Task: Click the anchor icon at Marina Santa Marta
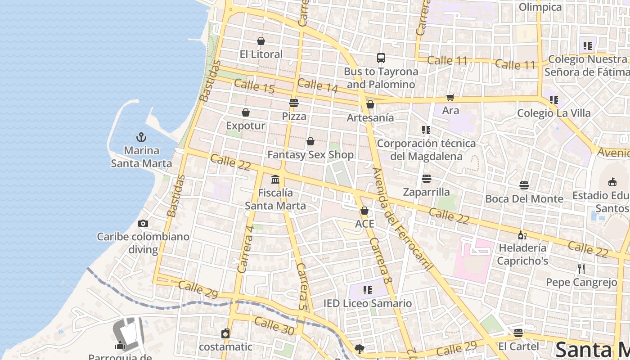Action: coord(142,137)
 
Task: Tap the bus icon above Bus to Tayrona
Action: coord(381,58)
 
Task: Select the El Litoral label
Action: coord(261,54)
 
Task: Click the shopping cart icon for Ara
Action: coord(450,97)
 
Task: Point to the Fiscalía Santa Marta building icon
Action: coord(275,180)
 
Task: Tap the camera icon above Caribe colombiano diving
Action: coord(143,223)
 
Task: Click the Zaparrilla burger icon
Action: coord(427,179)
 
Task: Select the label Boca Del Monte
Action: coord(524,199)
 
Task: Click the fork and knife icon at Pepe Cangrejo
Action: coord(581,269)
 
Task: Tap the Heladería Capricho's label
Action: coord(522,254)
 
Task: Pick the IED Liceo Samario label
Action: coord(368,303)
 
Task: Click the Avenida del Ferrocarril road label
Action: coord(403,219)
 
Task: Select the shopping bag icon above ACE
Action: coord(364,211)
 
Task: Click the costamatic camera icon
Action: coord(225,333)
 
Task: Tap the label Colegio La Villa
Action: coord(553,113)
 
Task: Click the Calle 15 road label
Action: coord(254,86)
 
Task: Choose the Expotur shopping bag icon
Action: coord(246,112)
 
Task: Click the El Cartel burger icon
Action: coord(518,333)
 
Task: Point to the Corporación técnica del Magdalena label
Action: coord(426,150)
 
